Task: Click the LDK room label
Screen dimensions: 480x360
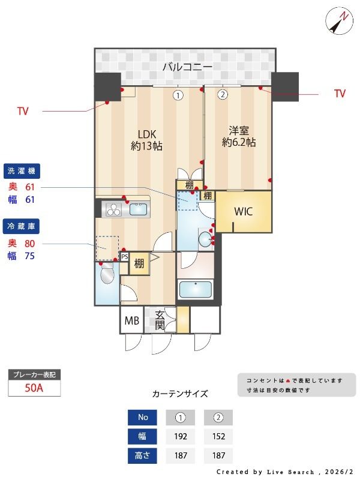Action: click(146, 139)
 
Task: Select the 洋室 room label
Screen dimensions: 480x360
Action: click(239, 136)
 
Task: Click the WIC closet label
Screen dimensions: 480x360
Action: click(243, 211)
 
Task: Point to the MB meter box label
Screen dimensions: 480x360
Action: click(131, 320)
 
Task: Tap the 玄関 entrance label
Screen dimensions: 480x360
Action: click(160, 320)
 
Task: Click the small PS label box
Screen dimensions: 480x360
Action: click(125, 256)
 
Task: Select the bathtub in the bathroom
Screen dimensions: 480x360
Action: click(196, 289)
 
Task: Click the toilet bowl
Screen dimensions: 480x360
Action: click(107, 275)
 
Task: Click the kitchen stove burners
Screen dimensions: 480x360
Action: click(114, 209)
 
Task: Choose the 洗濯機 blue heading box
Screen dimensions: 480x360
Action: click(22, 172)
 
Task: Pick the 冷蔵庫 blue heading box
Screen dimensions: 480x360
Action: click(22, 226)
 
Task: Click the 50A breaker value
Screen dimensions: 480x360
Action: click(34, 388)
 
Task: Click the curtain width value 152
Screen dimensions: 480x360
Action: click(218, 436)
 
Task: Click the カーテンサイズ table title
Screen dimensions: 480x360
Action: click(180, 394)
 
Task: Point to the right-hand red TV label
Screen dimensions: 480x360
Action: click(340, 94)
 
